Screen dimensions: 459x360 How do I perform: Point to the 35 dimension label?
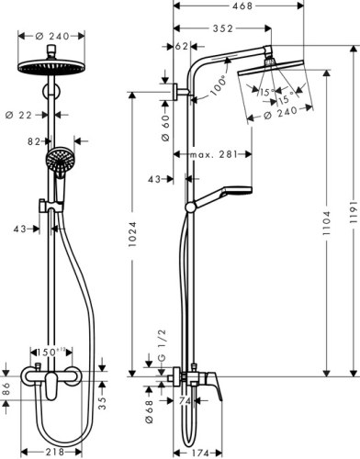(102, 399)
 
